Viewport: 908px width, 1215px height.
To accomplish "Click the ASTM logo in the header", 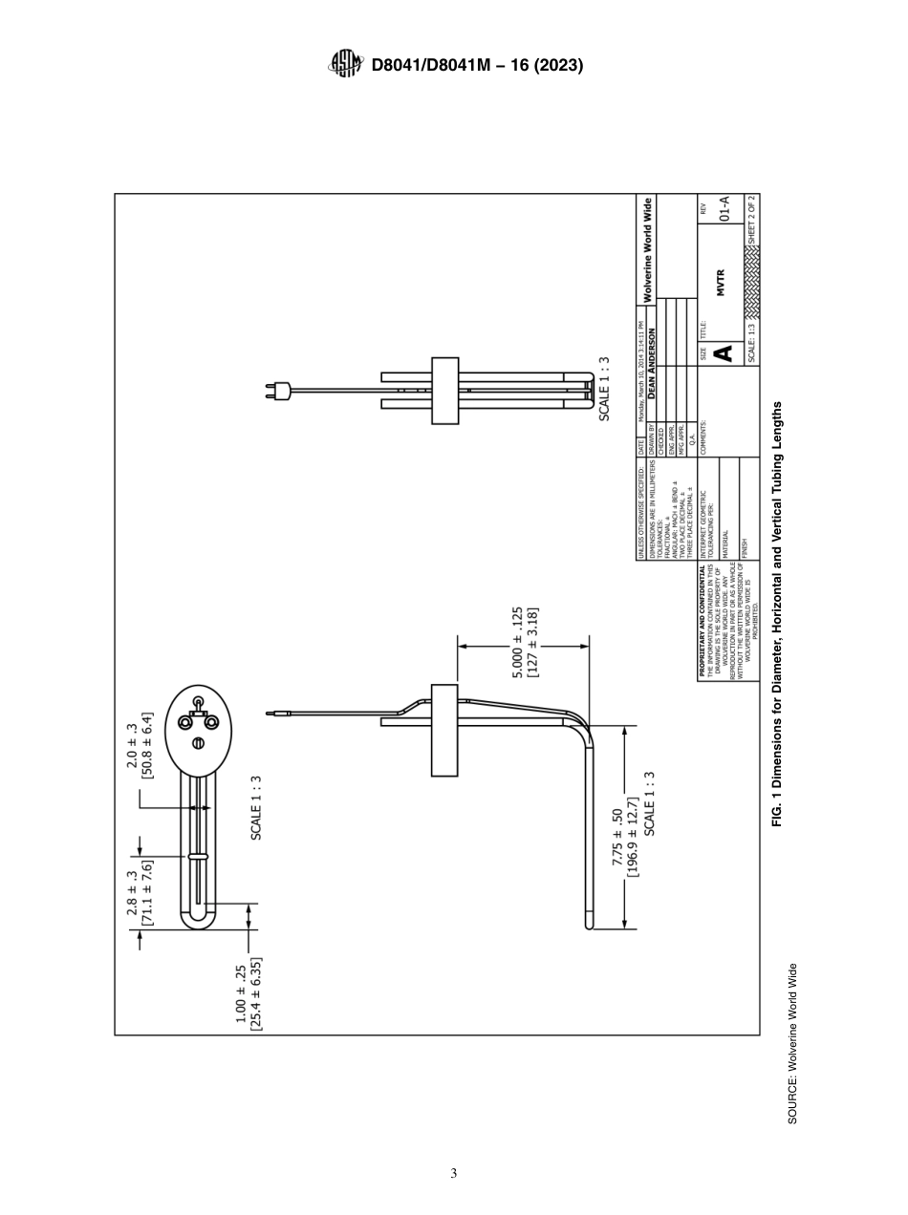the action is point(345,65).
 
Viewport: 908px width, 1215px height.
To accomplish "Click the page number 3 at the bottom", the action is point(454,1173).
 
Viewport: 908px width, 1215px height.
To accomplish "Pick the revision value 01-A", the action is point(724,219).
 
